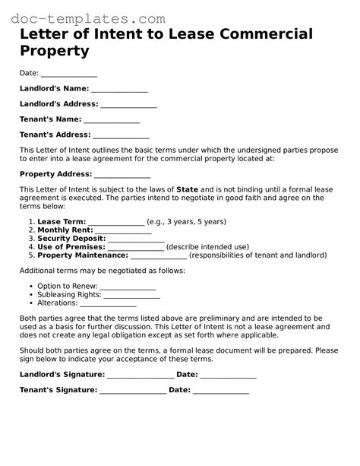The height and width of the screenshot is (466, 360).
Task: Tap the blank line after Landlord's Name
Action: (x=119, y=90)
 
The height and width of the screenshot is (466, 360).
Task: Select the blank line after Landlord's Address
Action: (x=128, y=105)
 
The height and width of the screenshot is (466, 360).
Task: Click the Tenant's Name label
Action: (x=50, y=119)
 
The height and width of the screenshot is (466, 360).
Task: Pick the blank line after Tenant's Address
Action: (x=121, y=135)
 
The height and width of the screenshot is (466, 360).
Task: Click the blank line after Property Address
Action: (x=122, y=175)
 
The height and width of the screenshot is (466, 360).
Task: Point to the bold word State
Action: (x=187, y=189)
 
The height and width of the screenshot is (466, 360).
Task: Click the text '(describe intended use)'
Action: (x=207, y=247)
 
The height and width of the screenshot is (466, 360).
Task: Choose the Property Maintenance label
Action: (x=83, y=255)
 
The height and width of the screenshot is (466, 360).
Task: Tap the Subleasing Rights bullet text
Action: (x=68, y=297)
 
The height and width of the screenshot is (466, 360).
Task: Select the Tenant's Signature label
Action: (x=58, y=391)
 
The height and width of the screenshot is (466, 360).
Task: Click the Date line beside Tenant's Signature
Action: (x=221, y=391)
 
